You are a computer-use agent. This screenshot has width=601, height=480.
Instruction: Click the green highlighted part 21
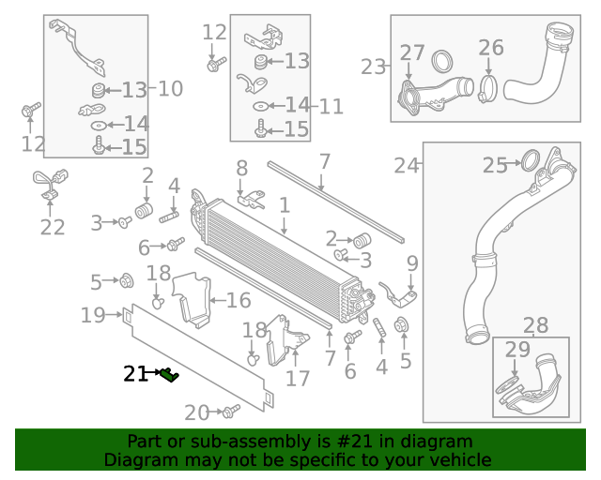(x=169, y=375)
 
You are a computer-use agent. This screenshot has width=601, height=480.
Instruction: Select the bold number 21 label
(x=135, y=374)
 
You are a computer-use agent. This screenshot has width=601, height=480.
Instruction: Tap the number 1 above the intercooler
(x=284, y=203)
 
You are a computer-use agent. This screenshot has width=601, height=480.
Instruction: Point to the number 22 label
(x=53, y=226)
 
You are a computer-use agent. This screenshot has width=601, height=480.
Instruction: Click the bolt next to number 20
(x=230, y=411)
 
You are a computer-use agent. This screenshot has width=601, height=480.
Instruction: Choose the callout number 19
(x=92, y=315)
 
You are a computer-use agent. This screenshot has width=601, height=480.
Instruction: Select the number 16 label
(x=239, y=300)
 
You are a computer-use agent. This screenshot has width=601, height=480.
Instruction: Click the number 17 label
(x=297, y=379)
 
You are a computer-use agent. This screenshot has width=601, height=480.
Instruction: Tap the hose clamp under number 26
(x=488, y=89)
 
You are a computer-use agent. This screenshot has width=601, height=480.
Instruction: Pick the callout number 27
(x=412, y=52)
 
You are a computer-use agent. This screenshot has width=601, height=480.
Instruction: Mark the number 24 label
(x=406, y=166)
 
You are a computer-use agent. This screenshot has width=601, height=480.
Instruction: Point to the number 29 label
(x=517, y=349)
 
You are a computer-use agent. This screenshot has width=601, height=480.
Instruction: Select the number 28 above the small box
(x=535, y=325)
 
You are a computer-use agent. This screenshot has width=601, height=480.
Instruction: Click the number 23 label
(x=374, y=67)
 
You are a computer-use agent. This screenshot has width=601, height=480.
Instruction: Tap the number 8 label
(x=242, y=169)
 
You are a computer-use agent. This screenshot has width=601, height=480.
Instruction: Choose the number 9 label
(x=411, y=262)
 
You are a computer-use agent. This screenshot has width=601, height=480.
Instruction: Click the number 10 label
(x=170, y=89)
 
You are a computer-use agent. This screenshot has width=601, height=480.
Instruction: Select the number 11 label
(x=331, y=106)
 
